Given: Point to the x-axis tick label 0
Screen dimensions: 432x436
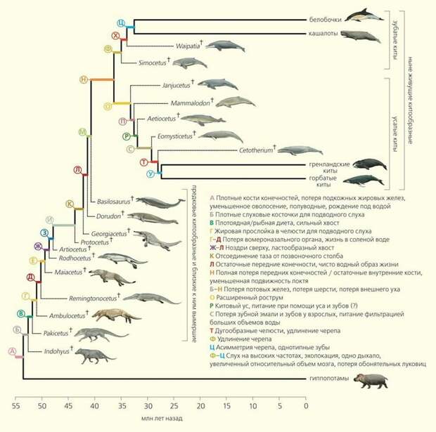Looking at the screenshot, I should tap(306, 405).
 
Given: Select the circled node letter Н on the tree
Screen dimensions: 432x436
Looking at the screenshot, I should tap(84, 79).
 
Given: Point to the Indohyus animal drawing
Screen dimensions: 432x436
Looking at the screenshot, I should tap(94, 355).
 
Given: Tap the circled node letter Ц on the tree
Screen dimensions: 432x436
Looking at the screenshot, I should tap(121, 23).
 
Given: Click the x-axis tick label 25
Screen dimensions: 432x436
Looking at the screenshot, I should tap(174, 405).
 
